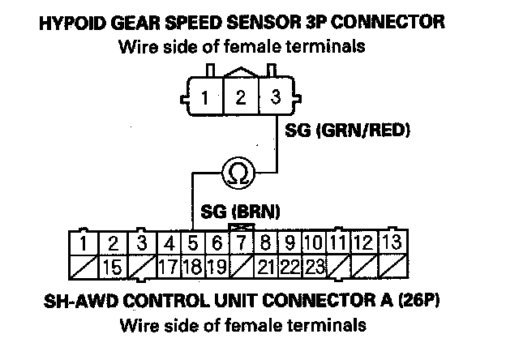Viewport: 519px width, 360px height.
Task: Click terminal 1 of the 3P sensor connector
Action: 206,99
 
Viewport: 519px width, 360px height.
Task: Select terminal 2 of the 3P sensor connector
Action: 241,99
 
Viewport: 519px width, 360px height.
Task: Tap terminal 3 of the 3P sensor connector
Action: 276,98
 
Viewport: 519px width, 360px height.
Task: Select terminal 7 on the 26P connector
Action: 241,242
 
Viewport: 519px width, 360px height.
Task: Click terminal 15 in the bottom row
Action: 114,265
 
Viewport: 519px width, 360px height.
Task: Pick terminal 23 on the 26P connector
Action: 315,265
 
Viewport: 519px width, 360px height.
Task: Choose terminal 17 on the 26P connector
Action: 169,265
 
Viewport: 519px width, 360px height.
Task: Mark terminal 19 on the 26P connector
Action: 217,265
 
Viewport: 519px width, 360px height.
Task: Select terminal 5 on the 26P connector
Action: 193,242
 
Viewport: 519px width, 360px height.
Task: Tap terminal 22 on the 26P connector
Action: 290,265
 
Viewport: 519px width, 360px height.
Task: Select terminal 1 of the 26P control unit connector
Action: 84,242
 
